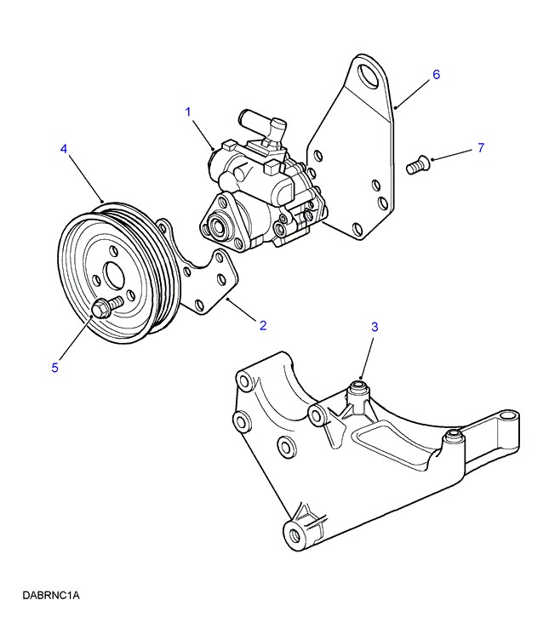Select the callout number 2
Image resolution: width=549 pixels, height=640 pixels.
(263, 324)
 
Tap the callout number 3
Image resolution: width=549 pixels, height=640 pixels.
(374, 327)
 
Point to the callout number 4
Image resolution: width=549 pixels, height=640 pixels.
(64, 149)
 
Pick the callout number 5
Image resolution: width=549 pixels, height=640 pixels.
(54, 368)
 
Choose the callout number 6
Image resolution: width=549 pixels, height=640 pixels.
(436, 74)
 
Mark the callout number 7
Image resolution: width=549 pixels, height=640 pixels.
(480, 148)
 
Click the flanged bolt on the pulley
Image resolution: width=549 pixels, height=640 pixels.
(103, 308)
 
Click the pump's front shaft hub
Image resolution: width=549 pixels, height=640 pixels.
(215, 227)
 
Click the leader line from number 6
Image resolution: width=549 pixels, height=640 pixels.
(414, 92)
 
